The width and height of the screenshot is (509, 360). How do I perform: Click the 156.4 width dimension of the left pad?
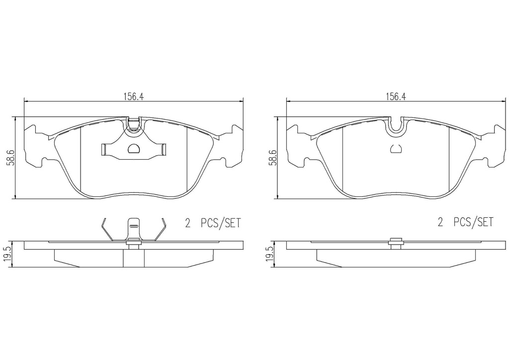coord(133,96)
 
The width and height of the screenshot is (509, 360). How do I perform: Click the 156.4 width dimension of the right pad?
coord(396,96)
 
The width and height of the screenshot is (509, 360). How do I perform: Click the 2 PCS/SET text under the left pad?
coord(213,223)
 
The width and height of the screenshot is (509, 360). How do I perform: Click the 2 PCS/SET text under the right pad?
coord(465,222)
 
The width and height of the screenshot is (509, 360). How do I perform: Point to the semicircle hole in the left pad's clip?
coord(134,149)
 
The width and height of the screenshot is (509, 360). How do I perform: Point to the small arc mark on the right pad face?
coord(396,149)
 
